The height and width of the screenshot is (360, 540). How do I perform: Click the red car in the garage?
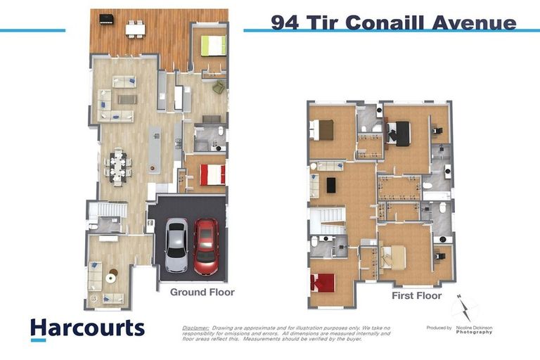(x=206, y=246)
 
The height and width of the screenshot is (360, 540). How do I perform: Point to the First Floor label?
(x=416, y=296)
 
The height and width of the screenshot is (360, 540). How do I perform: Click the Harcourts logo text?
(x=87, y=328)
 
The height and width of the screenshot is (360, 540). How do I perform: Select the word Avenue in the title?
(x=467, y=22)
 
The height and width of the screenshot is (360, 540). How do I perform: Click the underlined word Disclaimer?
(x=195, y=328)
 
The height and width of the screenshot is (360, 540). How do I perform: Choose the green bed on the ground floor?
(x=214, y=46)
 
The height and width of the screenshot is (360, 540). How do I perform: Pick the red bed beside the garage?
(x=212, y=174)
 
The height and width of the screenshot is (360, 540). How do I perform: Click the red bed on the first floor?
(x=323, y=283)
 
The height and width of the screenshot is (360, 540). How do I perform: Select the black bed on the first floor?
(x=401, y=133)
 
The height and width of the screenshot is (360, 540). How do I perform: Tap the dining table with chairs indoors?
(x=118, y=165)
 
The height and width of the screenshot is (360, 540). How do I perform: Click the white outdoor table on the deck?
(x=135, y=29)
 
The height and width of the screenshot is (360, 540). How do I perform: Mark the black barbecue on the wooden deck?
(x=106, y=19)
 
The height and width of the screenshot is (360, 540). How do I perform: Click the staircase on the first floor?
(x=328, y=220)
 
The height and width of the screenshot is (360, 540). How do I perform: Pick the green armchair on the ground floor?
(x=219, y=87)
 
